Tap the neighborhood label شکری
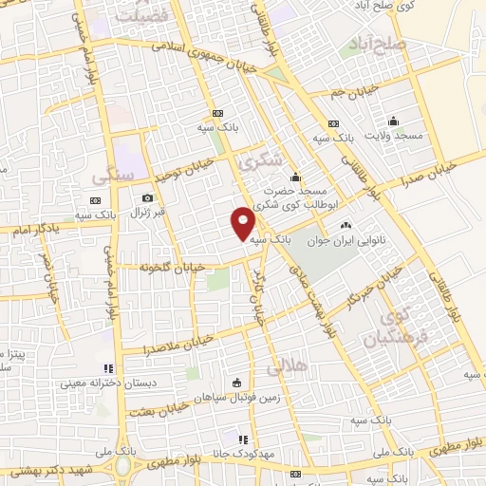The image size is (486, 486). (x=262, y=162)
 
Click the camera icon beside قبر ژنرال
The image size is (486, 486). (x=147, y=198)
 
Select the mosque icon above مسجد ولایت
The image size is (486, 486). (x=392, y=121)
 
